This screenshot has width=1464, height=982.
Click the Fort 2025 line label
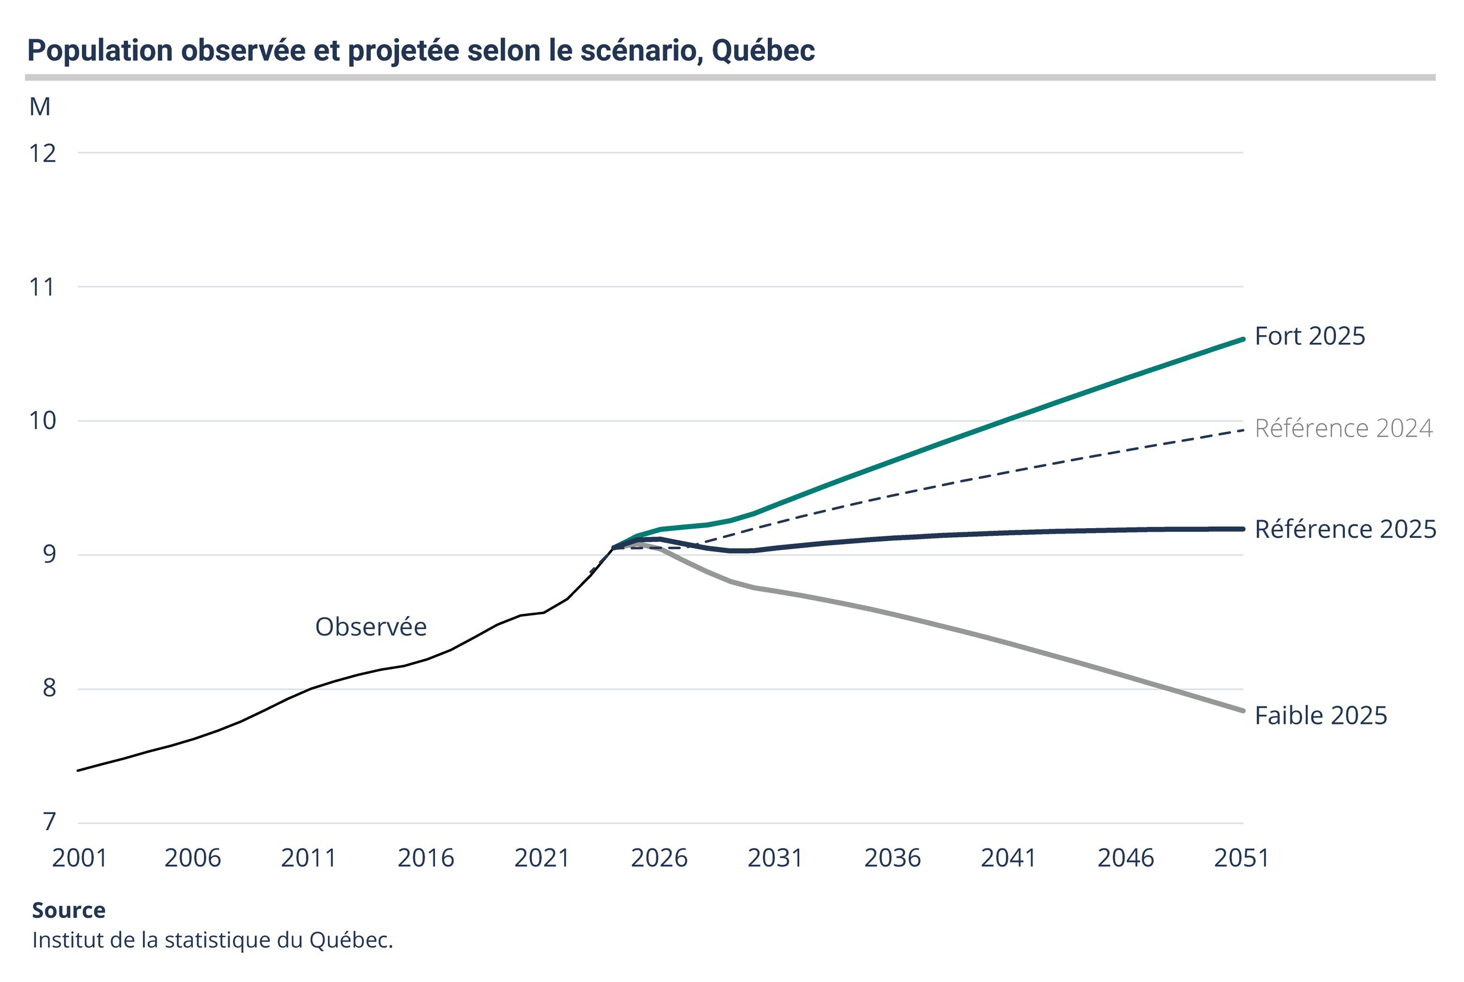(1309, 336)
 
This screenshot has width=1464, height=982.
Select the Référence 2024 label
(1343, 428)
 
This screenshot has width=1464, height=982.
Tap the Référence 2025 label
(1345, 529)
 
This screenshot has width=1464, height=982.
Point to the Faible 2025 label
(1321, 715)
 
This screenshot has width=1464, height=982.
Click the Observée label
(371, 627)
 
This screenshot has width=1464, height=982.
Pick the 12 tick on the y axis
(43, 153)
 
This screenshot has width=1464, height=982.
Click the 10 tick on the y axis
(43, 421)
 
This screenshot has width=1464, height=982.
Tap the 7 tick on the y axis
(49, 821)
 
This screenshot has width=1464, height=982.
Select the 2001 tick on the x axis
(80, 858)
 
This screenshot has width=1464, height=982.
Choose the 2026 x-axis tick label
(659, 858)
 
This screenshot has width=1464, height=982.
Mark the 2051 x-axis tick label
(1241, 858)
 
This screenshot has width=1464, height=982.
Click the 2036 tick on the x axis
(892, 858)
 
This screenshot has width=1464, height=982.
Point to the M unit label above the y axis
(40, 107)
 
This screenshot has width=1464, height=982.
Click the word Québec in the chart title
(763, 51)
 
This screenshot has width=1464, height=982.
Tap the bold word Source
(69, 910)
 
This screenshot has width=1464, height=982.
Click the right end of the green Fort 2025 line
(1242, 339)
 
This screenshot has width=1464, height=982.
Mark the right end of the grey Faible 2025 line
(1242, 710)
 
